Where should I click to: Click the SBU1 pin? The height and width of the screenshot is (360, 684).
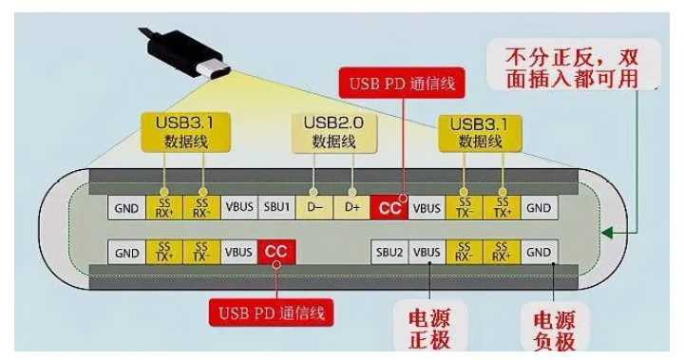point(277,207)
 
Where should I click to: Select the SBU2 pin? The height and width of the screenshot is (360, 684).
point(389,252)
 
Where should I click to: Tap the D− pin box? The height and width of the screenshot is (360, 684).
point(314,207)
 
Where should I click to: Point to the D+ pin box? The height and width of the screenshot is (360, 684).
point(351,207)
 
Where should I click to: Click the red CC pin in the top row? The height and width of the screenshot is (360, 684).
point(389,207)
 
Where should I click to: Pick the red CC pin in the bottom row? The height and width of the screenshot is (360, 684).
point(276,252)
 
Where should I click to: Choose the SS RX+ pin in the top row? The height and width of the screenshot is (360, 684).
point(164,207)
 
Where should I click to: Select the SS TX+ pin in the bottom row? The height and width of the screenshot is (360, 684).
point(164,252)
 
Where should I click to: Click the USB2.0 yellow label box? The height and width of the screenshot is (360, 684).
point(333,133)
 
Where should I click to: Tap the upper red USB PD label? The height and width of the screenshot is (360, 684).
point(402,83)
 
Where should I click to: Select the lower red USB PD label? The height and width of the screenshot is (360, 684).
point(272,313)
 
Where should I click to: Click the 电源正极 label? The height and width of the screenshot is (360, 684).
point(429,328)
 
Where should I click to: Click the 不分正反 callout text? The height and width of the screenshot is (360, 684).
point(573,67)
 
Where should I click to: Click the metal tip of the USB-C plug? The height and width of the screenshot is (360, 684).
point(216,70)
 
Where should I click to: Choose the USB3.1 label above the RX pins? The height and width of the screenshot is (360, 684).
point(185,133)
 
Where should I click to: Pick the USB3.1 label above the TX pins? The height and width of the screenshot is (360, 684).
point(480,133)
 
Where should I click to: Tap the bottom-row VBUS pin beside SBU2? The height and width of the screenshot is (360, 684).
point(427,252)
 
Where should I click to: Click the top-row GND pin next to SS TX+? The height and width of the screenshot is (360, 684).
point(539,207)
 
